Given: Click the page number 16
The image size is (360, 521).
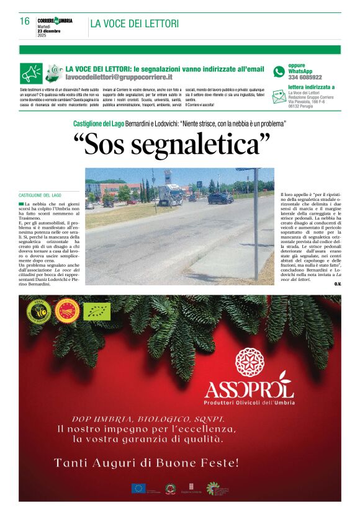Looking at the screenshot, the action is click(25, 22).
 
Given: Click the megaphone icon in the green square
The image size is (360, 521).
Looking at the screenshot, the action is click(31, 73).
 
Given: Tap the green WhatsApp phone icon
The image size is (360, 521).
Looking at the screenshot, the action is click(279, 71).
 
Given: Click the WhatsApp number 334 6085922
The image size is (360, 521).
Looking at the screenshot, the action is click(305, 78).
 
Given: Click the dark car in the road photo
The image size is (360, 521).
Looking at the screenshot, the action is click(220, 198).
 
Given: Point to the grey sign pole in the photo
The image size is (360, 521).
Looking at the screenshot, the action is click(255, 223).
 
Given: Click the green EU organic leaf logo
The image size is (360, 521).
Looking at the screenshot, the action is click(97, 311).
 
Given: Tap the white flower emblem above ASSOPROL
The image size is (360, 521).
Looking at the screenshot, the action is click(250, 362).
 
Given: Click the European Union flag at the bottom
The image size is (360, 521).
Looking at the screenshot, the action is click(138, 488).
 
